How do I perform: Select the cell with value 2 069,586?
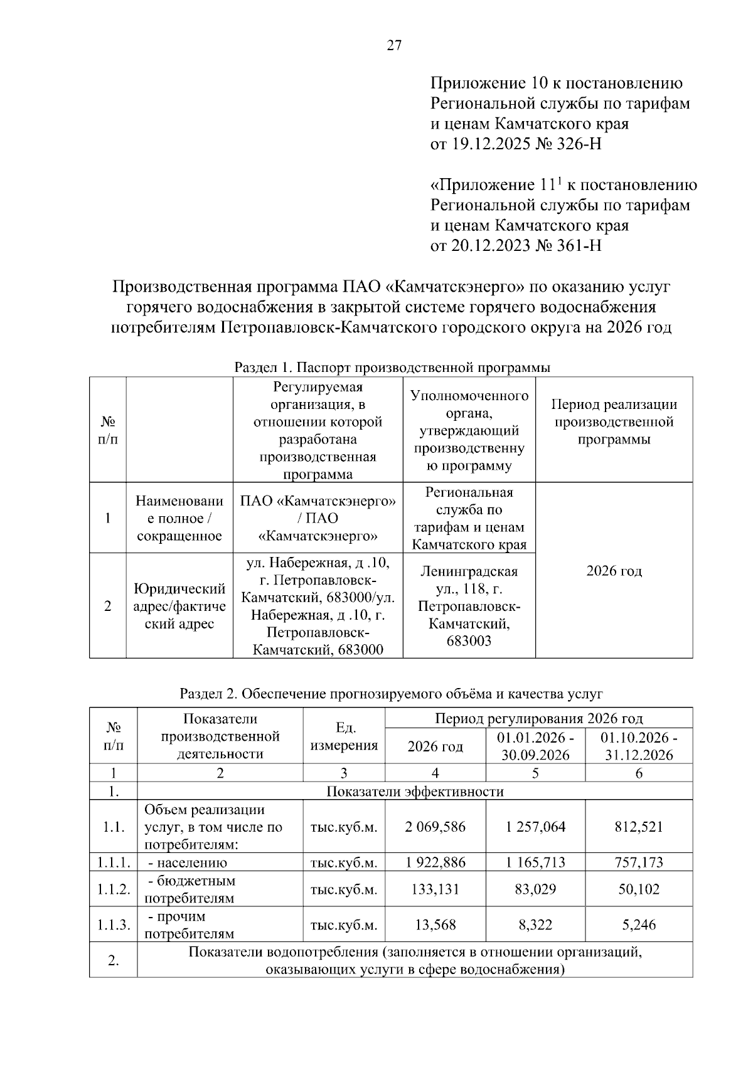click(x=435, y=827)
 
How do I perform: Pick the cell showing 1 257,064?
click(x=535, y=827)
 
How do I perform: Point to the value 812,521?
click(x=639, y=827)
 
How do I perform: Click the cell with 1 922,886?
click(x=435, y=862)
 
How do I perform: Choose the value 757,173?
click(x=639, y=862)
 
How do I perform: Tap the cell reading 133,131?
click(x=435, y=889)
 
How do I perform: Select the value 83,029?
click(x=535, y=889)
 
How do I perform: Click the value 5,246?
click(x=639, y=925)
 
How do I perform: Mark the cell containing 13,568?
click(x=435, y=925)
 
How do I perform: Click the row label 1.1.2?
click(x=114, y=889)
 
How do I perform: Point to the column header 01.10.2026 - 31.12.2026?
click(x=639, y=746)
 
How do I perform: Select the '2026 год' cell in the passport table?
click(x=614, y=571)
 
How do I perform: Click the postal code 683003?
click(x=469, y=641)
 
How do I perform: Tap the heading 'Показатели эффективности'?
click(x=415, y=791)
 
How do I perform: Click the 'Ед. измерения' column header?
click(x=344, y=736)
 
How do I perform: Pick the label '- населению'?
click(x=186, y=862)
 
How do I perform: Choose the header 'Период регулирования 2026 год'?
click(x=538, y=718)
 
